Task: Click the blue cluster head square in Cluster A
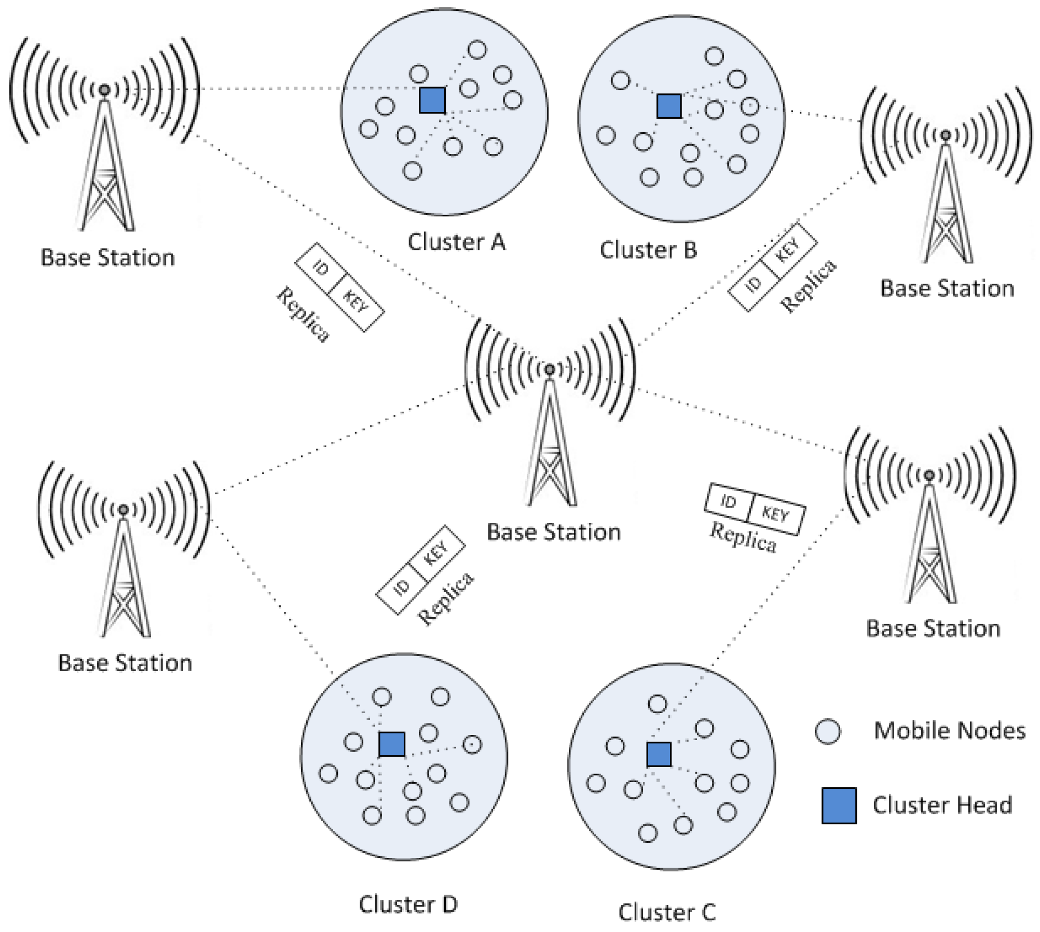pyautogui.click(x=432, y=100)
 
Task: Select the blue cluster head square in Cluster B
pyautogui.click(x=668, y=106)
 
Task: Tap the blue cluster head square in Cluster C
pyautogui.click(x=659, y=754)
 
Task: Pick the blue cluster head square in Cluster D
pyautogui.click(x=392, y=744)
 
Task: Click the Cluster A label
pyautogui.click(x=456, y=242)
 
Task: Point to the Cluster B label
pyautogui.click(x=648, y=251)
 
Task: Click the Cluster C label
pyautogui.click(x=666, y=912)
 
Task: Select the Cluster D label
pyautogui.click(x=408, y=905)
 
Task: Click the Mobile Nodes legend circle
pyautogui.click(x=827, y=732)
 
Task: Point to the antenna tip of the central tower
pyautogui.click(x=549, y=369)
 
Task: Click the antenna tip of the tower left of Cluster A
pyautogui.click(x=104, y=90)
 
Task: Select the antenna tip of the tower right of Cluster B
pyautogui.click(x=946, y=135)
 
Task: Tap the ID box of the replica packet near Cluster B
pyautogui.click(x=752, y=284)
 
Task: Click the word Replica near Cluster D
pyautogui.click(x=446, y=599)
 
